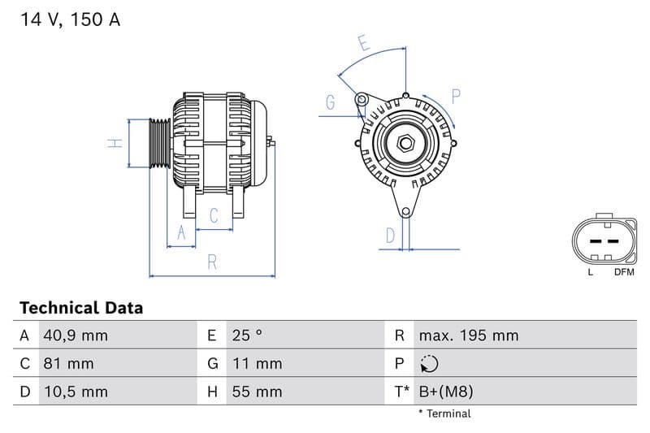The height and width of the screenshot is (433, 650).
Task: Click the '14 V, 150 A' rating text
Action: click(x=70, y=20)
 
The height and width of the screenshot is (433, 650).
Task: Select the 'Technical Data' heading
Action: click(x=80, y=308)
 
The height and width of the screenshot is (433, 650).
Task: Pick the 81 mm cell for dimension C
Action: click(x=69, y=363)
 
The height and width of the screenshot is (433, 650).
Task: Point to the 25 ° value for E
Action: click(x=246, y=336)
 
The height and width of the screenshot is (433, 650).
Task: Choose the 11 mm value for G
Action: click(x=256, y=363)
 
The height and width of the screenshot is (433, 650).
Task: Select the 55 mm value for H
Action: click(x=256, y=392)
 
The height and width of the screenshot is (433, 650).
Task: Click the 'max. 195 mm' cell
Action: click(x=468, y=336)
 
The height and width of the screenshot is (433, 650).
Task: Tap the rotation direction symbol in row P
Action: click(x=430, y=364)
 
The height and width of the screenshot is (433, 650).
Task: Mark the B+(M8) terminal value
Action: click(x=445, y=392)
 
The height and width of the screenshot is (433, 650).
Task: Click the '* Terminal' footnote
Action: click(x=444, y=414)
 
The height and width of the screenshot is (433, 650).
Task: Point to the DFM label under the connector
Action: click(x=624, y=272)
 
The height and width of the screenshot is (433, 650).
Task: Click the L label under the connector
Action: click(x=591, y=272)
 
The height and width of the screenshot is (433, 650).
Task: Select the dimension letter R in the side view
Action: click(x=212, y=262)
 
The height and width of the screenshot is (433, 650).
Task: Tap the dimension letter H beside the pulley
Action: click(x=116, y=143)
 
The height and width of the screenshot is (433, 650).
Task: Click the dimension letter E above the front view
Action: click(x=363, y=44)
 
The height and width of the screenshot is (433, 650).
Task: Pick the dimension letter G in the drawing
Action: click(x=331, y=102)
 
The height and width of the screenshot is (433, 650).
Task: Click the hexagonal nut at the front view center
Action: click(x=405, y=145)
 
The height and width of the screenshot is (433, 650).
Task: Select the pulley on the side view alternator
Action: click(x=159, y=144)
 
